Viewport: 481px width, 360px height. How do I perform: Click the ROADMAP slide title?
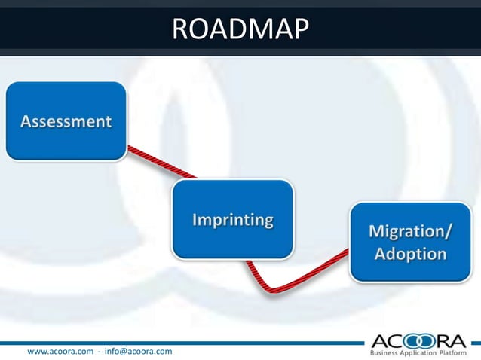point(240,29)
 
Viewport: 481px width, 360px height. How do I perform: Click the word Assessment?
point(66,121)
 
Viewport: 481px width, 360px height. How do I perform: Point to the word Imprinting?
point(232,221)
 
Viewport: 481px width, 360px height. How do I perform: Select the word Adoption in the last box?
point(410,254)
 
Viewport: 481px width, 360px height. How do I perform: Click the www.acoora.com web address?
point(60,352)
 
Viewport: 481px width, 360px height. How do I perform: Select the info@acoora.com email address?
point(138,352)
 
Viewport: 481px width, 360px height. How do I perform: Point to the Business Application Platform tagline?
point(419,352)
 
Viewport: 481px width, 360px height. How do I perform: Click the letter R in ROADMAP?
point(182,29)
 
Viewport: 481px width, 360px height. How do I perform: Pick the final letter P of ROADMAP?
point(300,29)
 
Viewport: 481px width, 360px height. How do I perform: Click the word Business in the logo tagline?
point(384,352)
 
